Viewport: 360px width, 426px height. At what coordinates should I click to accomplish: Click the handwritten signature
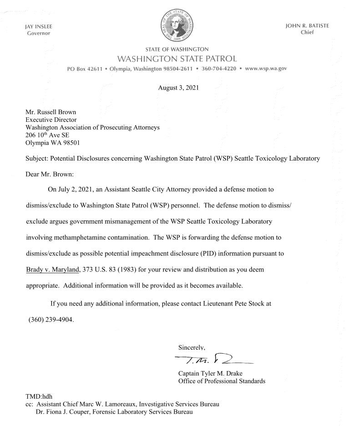214,361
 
